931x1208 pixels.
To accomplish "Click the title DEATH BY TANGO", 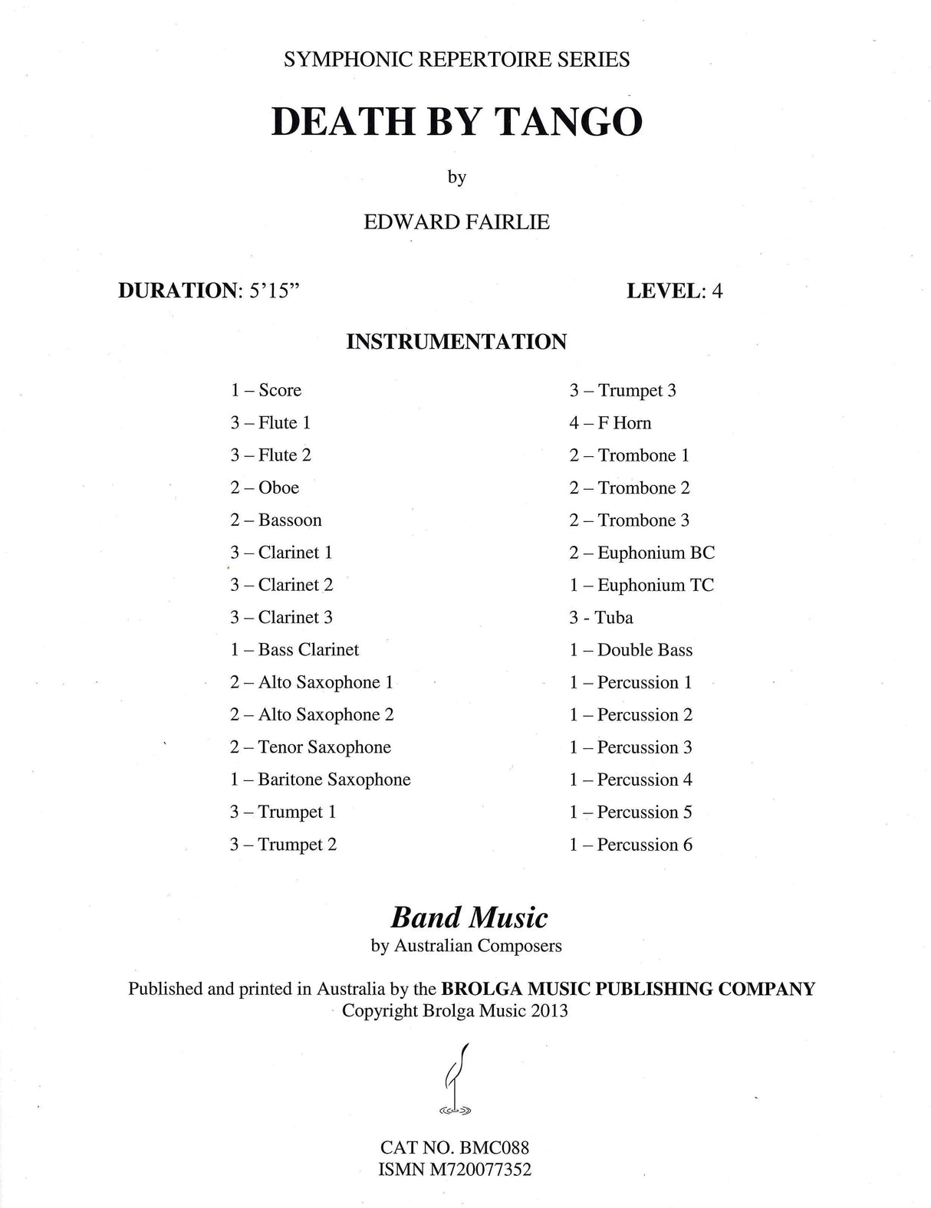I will tap(456, 122).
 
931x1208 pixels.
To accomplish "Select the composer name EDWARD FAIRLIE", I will tap(456, 222).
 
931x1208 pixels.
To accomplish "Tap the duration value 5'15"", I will tap(269, 291).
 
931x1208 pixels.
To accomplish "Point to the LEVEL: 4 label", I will tap(674, 291).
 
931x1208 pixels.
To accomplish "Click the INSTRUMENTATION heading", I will tap(456, 342).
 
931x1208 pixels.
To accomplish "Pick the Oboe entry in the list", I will tap(265, 487).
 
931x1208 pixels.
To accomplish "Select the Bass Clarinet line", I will tap(294, 650).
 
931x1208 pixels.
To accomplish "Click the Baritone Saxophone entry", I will tap(321, 780).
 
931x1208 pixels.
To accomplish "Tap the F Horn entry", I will tap(610, 423).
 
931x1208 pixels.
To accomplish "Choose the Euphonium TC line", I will tap(641, 586).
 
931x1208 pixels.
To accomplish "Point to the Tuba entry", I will tap(601, 618).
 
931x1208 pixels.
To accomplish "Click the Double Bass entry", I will tap(630, 650).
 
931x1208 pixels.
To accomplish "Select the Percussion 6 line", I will tap(630, 845).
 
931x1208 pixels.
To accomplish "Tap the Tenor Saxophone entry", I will tap(311, 747).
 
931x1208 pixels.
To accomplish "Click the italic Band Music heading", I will tap(469, 917).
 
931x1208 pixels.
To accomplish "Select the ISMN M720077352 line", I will tap(456, 1170).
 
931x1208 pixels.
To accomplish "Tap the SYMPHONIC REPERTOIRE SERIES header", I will tap(456, 60).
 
